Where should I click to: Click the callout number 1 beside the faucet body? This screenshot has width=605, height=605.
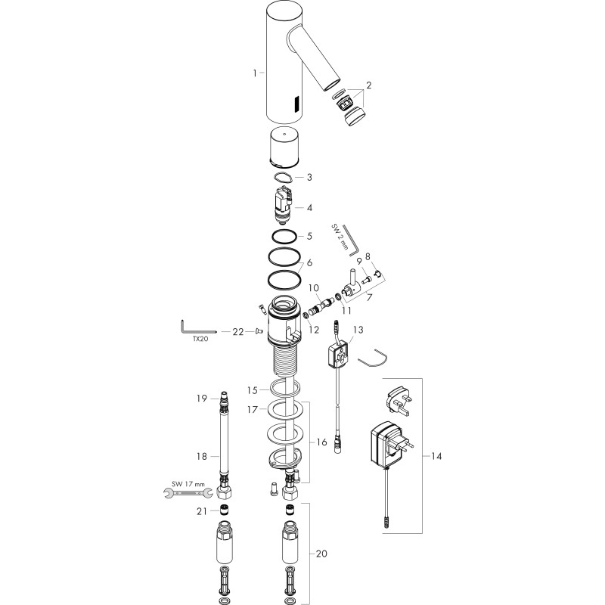255,73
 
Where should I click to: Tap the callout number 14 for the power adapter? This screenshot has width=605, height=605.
436,456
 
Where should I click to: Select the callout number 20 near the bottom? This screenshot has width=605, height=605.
321,554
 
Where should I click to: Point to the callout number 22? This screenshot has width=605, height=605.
237,331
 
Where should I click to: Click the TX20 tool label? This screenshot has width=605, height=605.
200,340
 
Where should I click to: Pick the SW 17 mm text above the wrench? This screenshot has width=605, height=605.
188,483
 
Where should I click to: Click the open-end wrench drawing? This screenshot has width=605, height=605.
188,492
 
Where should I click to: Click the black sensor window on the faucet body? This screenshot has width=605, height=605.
297,104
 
